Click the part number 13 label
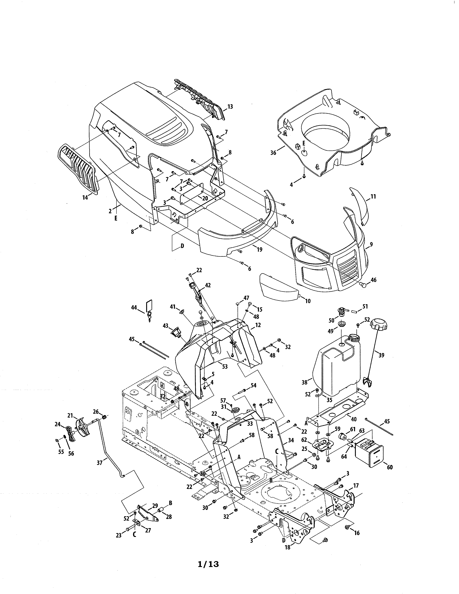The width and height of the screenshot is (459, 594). (x=230, y=107)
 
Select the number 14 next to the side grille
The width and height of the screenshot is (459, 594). (x=85, y=198)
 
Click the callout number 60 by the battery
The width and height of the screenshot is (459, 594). (x=390, y=467)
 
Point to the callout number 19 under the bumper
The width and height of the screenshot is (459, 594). (x=259, y=249)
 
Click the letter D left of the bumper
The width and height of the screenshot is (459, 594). (x=182, y=246)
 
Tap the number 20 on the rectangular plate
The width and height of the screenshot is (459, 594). (x=205, y=198)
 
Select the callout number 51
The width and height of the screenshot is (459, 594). (x=365, y=307)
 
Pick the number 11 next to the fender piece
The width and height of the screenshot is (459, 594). (x=373, y=196)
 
